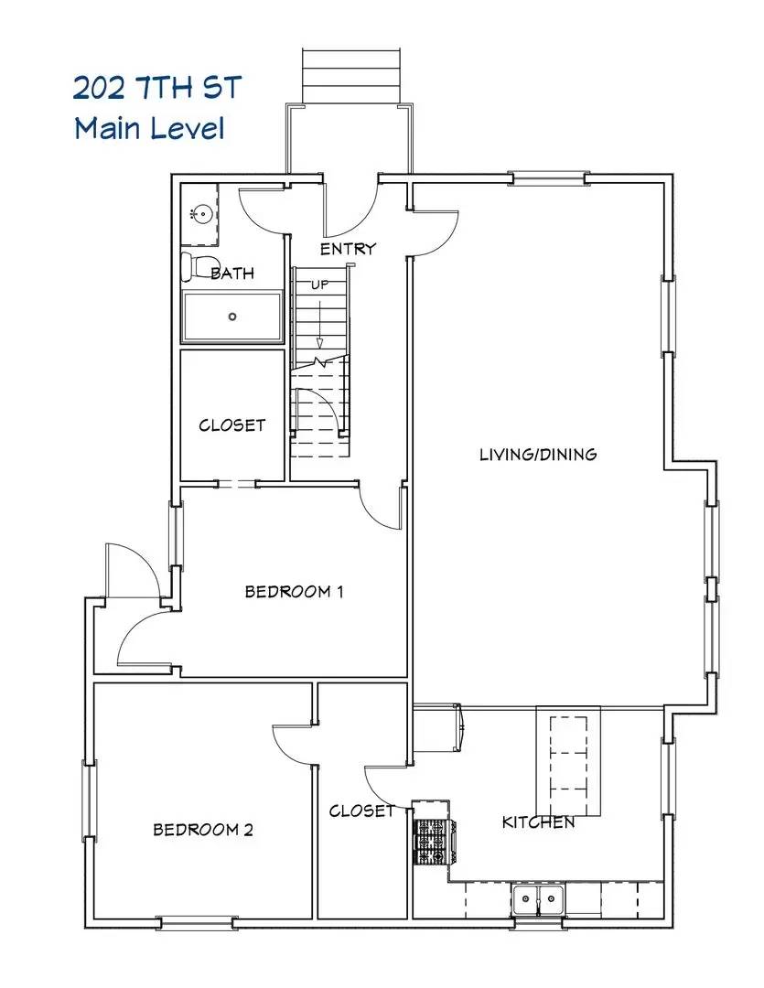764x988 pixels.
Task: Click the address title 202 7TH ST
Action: click(157, 90)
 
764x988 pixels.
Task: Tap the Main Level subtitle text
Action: click(149, 128)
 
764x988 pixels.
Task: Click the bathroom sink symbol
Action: click(201, 215)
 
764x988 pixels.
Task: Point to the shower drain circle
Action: click(232, 317)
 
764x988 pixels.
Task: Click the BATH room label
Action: click(232, 273)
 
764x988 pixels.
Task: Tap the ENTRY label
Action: click(348, 249)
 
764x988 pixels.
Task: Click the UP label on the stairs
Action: click(319, 284)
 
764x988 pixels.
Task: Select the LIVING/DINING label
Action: click(538, 454)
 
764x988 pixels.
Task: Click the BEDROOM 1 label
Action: click(294, 591)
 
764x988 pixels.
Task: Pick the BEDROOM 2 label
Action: click(202, 830)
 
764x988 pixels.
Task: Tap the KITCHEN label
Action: click(538, 822)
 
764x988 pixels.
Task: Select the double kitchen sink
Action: click(538, 899)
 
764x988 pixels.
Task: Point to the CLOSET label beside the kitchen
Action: click(361, 811)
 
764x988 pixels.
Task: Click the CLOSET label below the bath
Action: click(232, 425)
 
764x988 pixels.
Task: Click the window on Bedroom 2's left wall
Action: click(89, 801)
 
